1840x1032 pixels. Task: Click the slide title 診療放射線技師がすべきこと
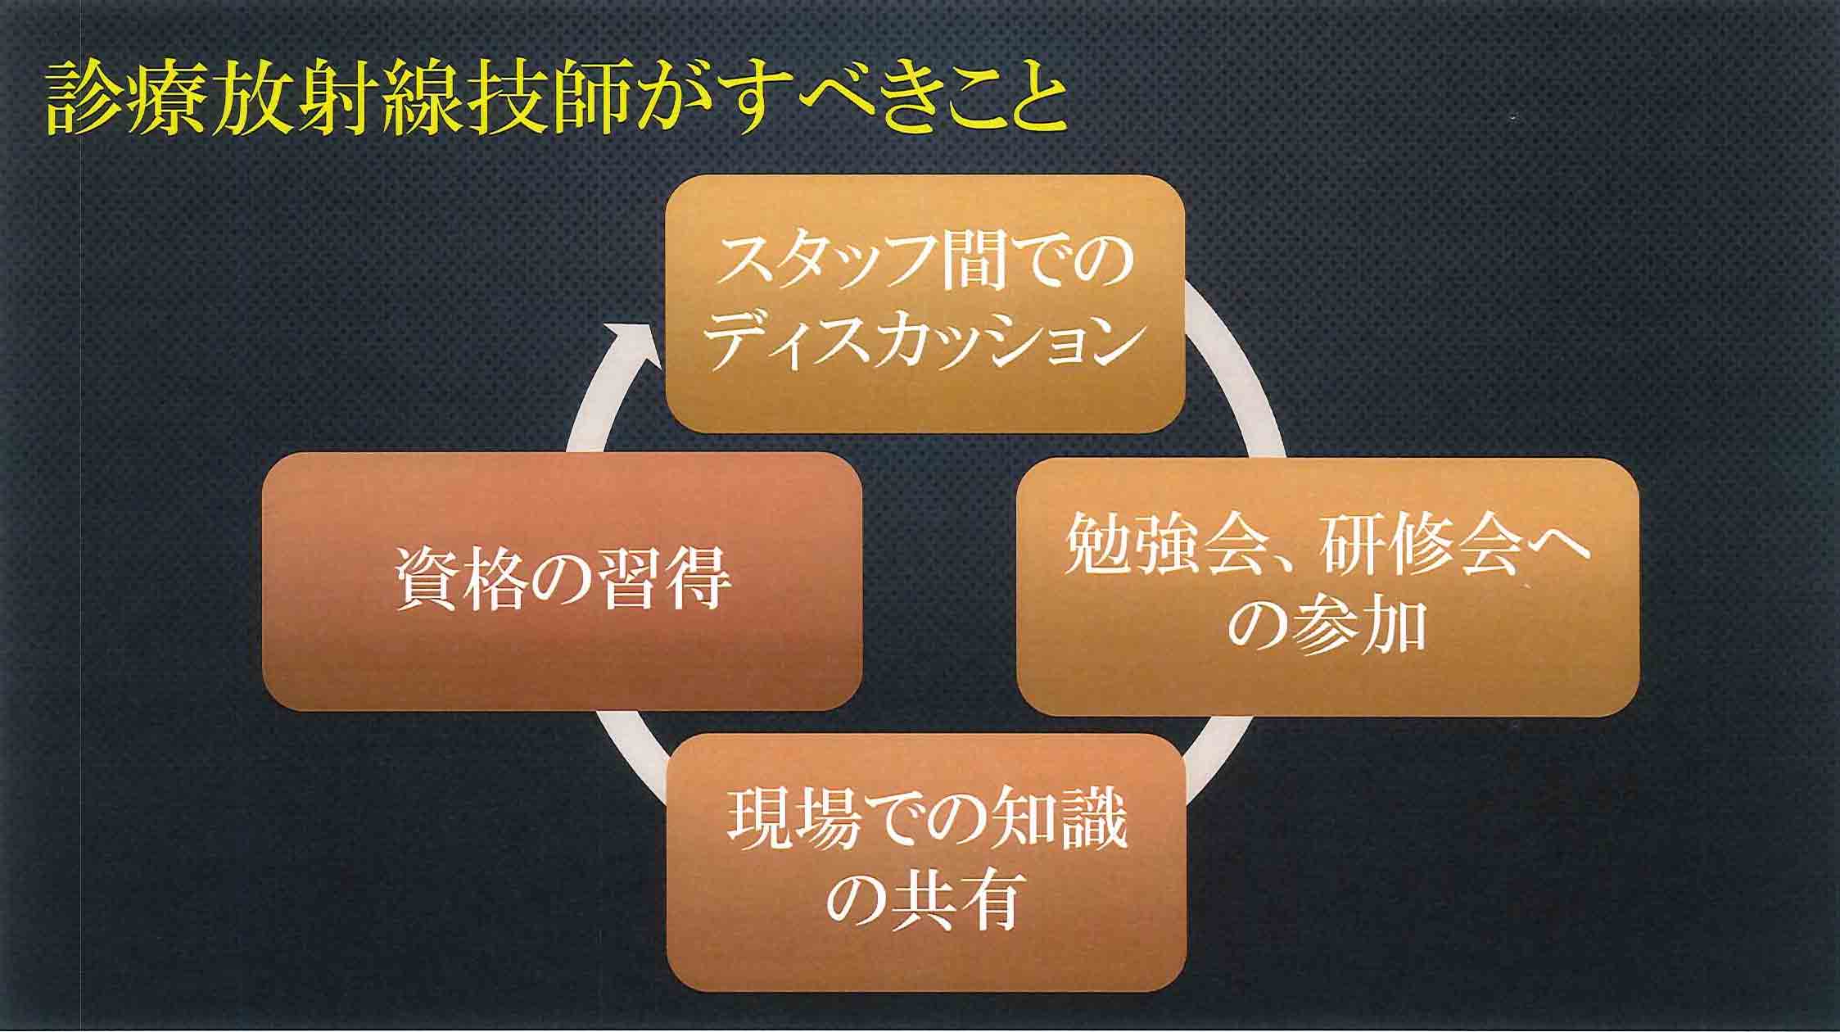click(558, 104)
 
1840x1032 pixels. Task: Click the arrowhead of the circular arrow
click(631, 344)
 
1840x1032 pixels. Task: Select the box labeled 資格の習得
click(562, 581)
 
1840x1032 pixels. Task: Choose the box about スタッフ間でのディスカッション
click(925, 304)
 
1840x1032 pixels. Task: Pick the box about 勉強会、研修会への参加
click(1327, 586)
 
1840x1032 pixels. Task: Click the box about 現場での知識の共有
click(926, 862)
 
